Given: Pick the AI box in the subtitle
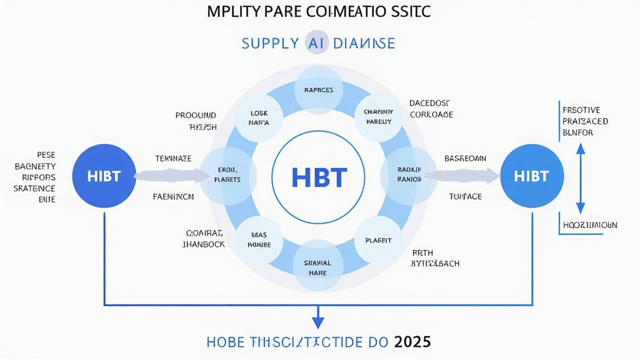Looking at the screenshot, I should pos(316,43).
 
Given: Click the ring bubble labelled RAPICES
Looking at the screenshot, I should pos(318,90).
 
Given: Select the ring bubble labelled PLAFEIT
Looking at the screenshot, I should pos(377,240).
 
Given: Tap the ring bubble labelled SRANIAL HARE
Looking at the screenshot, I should pos(318,268).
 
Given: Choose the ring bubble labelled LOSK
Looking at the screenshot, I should pos(259,118).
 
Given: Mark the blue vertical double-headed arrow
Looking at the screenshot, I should pos(580,177).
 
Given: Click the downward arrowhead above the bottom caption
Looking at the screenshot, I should pos(318,321).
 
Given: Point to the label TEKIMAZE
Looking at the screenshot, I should pos(173,159).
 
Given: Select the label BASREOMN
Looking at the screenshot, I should pos(465,159).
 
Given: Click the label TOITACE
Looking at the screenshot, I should pos(465,196).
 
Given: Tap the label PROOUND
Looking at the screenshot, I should pos(196,116).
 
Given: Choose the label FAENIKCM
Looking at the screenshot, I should pos(173,196).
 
